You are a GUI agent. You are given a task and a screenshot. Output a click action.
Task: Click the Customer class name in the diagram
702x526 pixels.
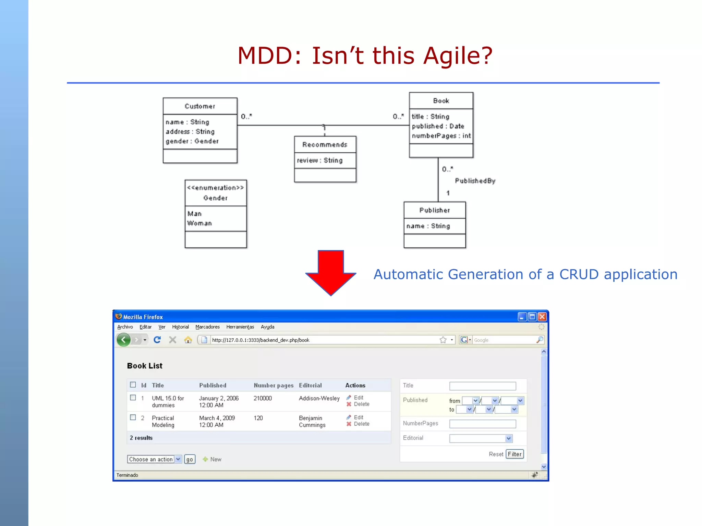click(200, 106)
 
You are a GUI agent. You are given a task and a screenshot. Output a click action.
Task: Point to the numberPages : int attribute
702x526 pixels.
click(441, 136)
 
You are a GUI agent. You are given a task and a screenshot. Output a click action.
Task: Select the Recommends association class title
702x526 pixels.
click(325, 145)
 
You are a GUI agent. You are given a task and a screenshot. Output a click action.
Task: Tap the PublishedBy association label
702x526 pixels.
click(475, 181)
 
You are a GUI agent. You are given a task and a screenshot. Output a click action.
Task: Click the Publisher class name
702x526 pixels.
click(434, 210)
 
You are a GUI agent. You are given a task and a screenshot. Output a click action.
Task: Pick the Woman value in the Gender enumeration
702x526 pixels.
click(199, 223)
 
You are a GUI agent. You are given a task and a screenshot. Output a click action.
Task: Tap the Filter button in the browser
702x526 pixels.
click(515, 454)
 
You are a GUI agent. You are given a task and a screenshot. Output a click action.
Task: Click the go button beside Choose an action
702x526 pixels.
click(190, 459)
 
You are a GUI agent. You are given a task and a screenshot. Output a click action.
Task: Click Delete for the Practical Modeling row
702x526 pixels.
click(361, 424)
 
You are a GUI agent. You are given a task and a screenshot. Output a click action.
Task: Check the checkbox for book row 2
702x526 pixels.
click(133, 417)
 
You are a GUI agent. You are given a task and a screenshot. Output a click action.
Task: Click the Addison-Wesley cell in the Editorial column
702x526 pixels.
click(319, 398)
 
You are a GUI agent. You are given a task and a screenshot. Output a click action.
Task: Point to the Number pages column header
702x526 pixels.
click(274, 385)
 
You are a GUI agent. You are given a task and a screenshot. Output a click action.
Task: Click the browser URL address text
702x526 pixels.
click(261, 340)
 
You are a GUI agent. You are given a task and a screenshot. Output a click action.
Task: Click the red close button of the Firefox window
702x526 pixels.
click(542, 317)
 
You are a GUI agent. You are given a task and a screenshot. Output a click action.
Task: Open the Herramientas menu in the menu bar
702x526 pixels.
click(240, 327)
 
